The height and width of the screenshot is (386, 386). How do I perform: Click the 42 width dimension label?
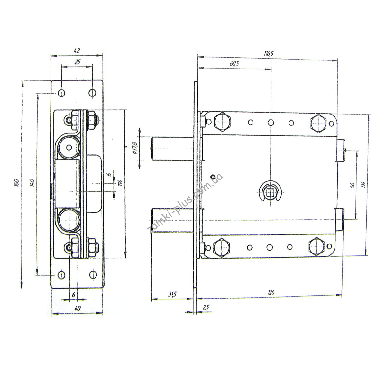(77, 51)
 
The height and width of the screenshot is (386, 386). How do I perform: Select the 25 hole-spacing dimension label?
(77, 62)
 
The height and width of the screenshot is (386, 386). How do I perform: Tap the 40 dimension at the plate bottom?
(77, 308)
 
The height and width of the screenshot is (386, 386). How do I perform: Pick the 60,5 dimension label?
(234, 64)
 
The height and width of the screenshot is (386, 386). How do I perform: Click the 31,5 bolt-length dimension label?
(172, 294)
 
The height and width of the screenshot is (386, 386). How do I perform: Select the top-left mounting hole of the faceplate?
(61, 93)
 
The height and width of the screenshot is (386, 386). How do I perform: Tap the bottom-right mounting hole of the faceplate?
(93, 274)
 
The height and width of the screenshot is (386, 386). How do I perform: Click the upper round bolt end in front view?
(69, 147)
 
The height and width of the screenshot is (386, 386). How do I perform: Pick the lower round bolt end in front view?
(69, 220)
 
